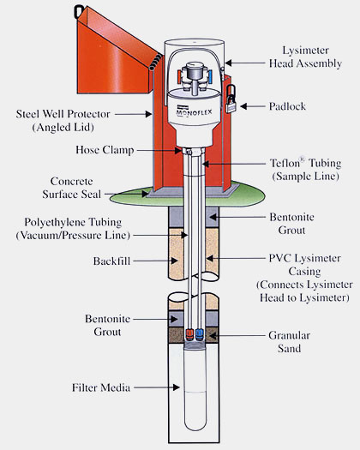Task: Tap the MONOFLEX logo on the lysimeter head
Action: coord(194,111)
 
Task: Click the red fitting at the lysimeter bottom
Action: coord(189,333)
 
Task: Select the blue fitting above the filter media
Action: coord(199,333)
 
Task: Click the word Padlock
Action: coord(287,106)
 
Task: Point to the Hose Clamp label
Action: coord(105,150)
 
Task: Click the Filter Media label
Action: coord(101,387)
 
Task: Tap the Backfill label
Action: coord(111,261)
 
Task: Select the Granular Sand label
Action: coord(289,342)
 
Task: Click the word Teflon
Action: coord(285,163)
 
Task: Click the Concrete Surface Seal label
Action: coord(72,188)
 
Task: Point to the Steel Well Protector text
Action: coord(63,114)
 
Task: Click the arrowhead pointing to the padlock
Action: coord(243,106)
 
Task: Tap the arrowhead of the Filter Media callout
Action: coord(177,387)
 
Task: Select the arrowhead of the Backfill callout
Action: coord(174,261)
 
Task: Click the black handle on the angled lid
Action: coord(78,12)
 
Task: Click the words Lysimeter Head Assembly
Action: coord(305,57)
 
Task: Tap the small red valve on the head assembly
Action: coord(179,75)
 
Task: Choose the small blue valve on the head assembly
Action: coord(211,75)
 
